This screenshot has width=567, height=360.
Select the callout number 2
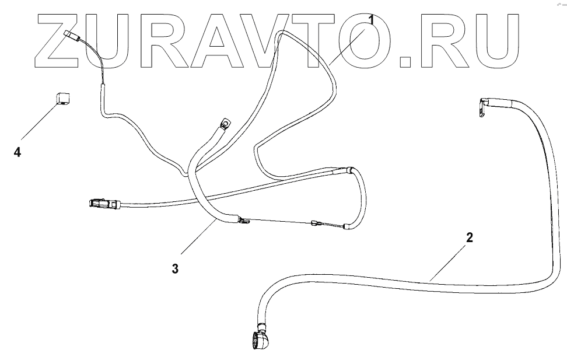[470, 237]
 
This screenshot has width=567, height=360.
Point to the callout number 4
[17, 152]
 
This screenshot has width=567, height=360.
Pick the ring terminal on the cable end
[225, 124]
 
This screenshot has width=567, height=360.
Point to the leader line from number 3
[198, 237]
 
